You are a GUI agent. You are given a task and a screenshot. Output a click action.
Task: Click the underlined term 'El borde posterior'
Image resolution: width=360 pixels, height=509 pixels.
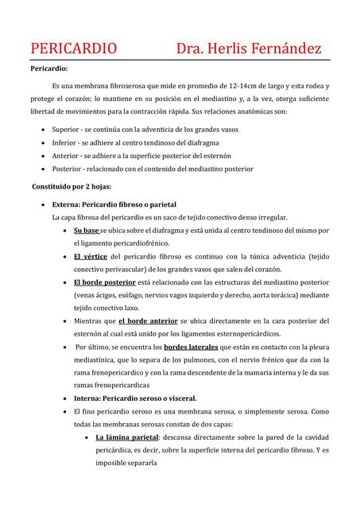(104, 282)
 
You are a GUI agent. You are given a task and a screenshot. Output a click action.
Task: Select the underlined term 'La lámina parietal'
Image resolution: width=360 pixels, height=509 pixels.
(127, 437)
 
